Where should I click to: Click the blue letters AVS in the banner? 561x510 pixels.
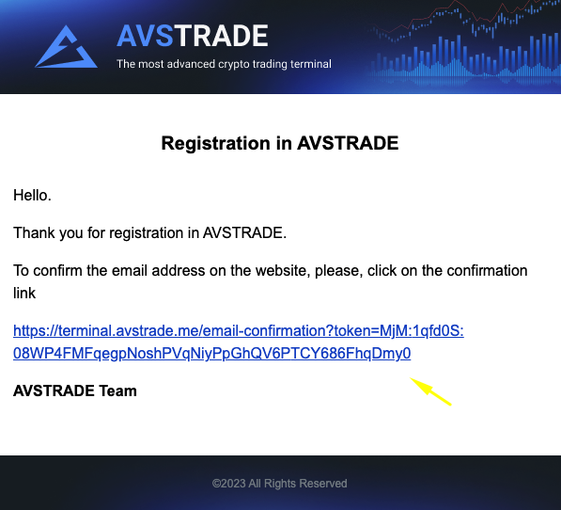[x=146, y=36]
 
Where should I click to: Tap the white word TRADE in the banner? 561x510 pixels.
[x=221, y=36]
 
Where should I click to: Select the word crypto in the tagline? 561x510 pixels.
[x=234, y=64]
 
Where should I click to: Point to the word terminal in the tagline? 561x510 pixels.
[x=310, y=64]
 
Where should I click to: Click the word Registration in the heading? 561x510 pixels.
[x=216, y=144]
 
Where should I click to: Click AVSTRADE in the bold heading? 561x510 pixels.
[x=348, y=143]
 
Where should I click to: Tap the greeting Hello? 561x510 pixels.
[x=32, y=196]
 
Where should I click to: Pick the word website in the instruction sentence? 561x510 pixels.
[x=283, y=271]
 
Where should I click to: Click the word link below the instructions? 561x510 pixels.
[x=24, y=293]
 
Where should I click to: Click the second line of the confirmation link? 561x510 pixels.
[x=211, y=354]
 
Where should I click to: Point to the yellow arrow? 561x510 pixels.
[x=430, y=391]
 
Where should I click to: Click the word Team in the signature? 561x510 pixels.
[x=117, y=390]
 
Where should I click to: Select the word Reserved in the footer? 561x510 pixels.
[x=323, y=484]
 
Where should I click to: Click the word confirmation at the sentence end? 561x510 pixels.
[x=488, y=270]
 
